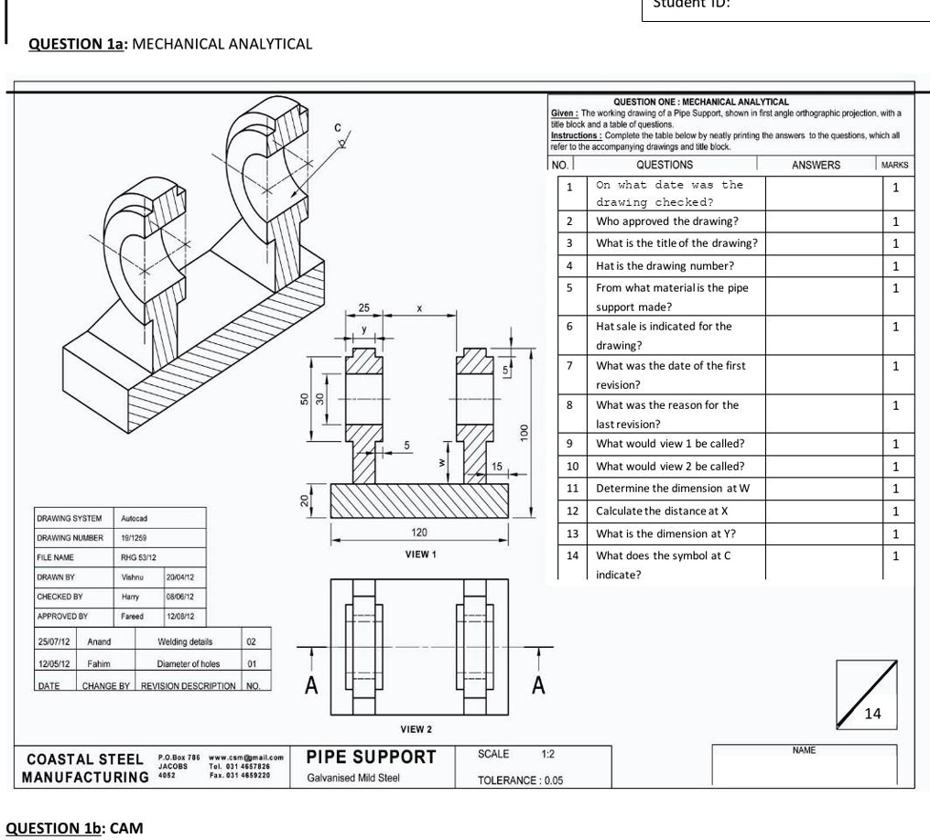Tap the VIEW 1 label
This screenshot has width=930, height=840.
tap(420, 555)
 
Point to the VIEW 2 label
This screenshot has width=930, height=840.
tap(416, 729)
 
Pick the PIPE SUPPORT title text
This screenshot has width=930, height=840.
tap(371, 758)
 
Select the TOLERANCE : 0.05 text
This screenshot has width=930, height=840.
tap(520, 781)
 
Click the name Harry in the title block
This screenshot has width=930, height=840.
tap(130, 596)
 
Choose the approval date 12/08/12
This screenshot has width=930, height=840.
tap(179, 617)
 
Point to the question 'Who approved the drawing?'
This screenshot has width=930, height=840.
tap(667, 221)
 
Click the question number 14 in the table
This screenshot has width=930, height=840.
tap(570, 555)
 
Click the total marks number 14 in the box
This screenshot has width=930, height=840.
tap(873, 715)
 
